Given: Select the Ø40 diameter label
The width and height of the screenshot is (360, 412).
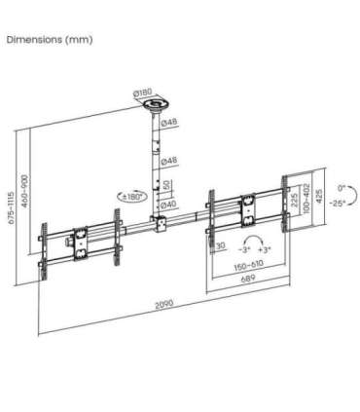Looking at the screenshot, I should [166, 204].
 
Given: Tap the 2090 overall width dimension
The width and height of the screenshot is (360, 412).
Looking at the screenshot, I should [162, 305].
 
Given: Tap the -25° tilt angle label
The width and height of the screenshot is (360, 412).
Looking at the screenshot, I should [336, 204].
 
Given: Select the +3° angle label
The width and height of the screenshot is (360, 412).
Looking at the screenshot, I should [264, 250].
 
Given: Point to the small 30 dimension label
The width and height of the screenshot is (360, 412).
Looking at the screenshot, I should [222, 244].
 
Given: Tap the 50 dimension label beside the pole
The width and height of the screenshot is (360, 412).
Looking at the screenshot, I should [167, 184].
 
